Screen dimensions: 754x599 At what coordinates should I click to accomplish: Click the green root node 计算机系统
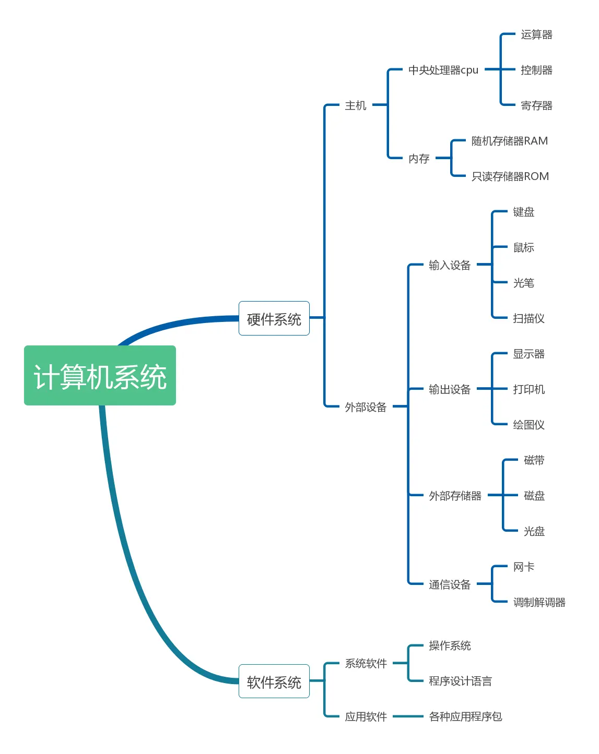pos(100,376)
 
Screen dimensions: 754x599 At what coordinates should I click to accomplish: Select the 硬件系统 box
pos(274,319)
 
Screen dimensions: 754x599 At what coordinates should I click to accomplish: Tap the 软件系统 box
pos(274,681)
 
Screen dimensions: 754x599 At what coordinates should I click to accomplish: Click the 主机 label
pos(356,105)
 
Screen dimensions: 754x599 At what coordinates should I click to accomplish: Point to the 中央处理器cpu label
pos(443,70)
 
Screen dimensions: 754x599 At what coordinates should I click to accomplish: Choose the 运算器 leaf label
pos(536,34)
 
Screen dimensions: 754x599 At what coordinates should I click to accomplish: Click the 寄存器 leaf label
pos(536,105)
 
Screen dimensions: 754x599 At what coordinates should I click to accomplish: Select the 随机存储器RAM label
pos(510,141)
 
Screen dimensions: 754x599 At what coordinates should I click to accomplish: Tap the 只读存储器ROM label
pos(510,176)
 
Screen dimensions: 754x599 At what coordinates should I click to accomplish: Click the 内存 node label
pos(419,158)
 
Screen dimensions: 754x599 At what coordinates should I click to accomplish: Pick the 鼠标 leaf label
pos(523,247)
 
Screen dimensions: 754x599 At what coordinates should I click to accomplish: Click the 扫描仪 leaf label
pos(528,318)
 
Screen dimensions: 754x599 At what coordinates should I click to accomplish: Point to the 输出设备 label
pos(450,389)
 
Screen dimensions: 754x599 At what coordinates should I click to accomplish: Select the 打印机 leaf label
pos(528,389)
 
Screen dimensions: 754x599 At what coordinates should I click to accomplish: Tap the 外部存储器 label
pos(455,496)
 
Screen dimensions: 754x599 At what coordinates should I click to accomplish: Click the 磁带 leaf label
pos(534,460)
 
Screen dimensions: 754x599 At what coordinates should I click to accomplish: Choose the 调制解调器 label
pos(539,602)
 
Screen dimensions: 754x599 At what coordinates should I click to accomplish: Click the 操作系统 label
pos(450,645)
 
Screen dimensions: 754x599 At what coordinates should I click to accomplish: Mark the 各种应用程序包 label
pos(465,716)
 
